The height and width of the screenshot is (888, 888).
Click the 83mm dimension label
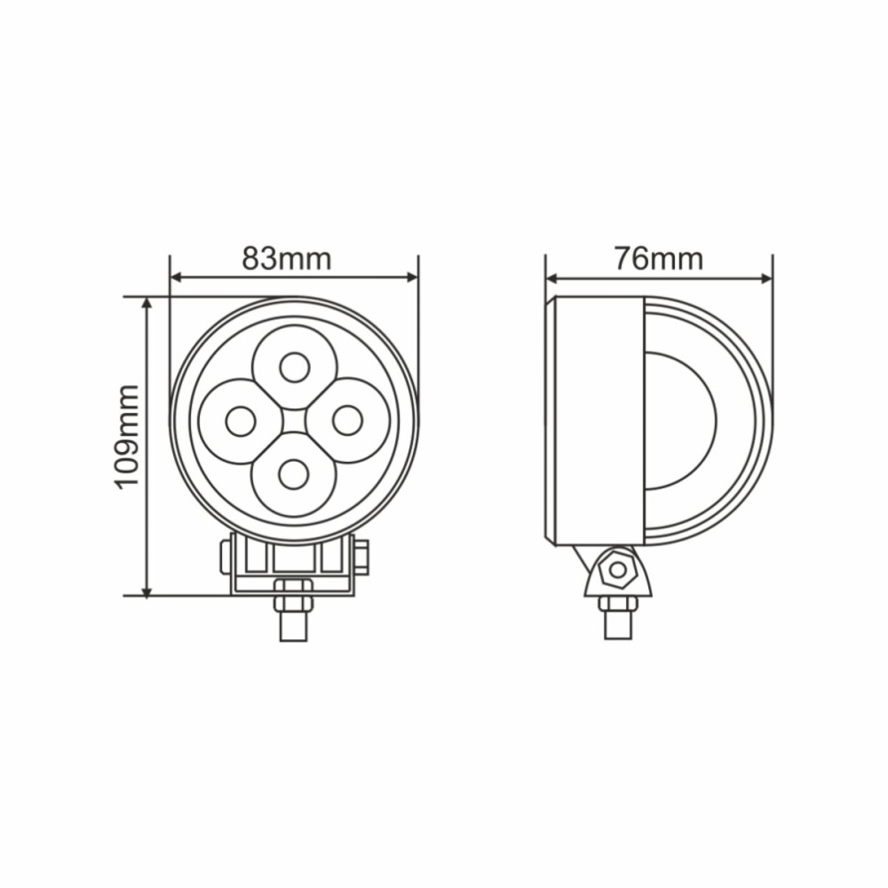pos(286,258)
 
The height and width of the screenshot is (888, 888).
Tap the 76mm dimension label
pos(658,258)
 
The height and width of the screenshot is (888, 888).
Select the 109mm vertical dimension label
pos(126,436)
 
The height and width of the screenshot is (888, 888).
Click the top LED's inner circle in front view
pos(294,367)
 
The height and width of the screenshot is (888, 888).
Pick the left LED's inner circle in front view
pos(241,421)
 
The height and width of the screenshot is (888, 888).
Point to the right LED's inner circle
pos(347,420)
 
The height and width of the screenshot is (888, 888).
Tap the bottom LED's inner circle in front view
pos(294,474)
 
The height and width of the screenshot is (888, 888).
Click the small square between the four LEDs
pos(294,421)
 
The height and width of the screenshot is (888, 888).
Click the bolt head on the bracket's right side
pos(361,557)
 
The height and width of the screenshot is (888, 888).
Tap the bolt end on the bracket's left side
pos(226,557)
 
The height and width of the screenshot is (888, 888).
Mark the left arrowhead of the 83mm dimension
pos(175,277)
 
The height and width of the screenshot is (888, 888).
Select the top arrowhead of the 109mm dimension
pos(147,303)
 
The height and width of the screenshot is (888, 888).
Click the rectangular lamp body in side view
pos(599,420)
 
